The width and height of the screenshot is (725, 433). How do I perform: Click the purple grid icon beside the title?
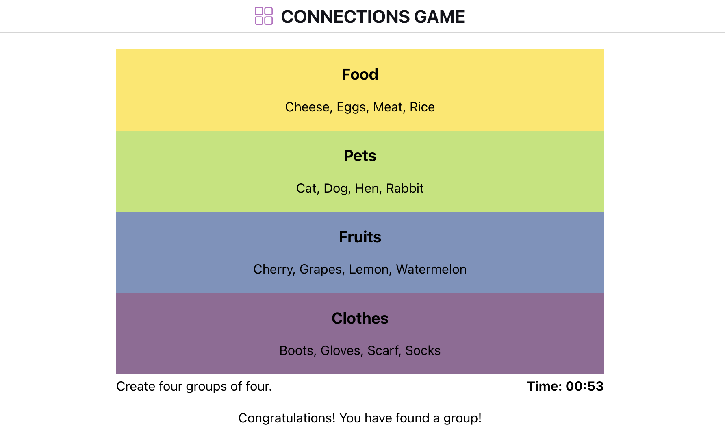point(263,16)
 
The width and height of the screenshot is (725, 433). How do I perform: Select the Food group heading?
point(360,74)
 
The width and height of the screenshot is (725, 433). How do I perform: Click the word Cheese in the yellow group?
point(307,107)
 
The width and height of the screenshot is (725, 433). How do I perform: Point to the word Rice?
point(422,107)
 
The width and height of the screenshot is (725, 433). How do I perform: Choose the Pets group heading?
point(360,156)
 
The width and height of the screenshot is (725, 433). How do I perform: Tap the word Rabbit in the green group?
point(404,188)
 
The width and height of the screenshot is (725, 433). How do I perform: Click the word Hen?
point(367,188)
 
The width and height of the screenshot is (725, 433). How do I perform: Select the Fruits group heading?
point(360,237)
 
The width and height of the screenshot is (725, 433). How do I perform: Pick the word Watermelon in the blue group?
point(431,269)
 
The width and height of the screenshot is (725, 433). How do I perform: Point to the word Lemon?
point(369,269)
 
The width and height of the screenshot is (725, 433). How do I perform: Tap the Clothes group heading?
point(360,318)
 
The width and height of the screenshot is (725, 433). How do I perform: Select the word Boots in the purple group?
point(296,350)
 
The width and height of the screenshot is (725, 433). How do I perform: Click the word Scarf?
point(382,350)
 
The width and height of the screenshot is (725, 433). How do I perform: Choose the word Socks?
point(423,350)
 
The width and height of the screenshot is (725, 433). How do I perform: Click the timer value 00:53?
point(584,386)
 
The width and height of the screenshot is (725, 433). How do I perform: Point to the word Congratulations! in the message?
point(287,418)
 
